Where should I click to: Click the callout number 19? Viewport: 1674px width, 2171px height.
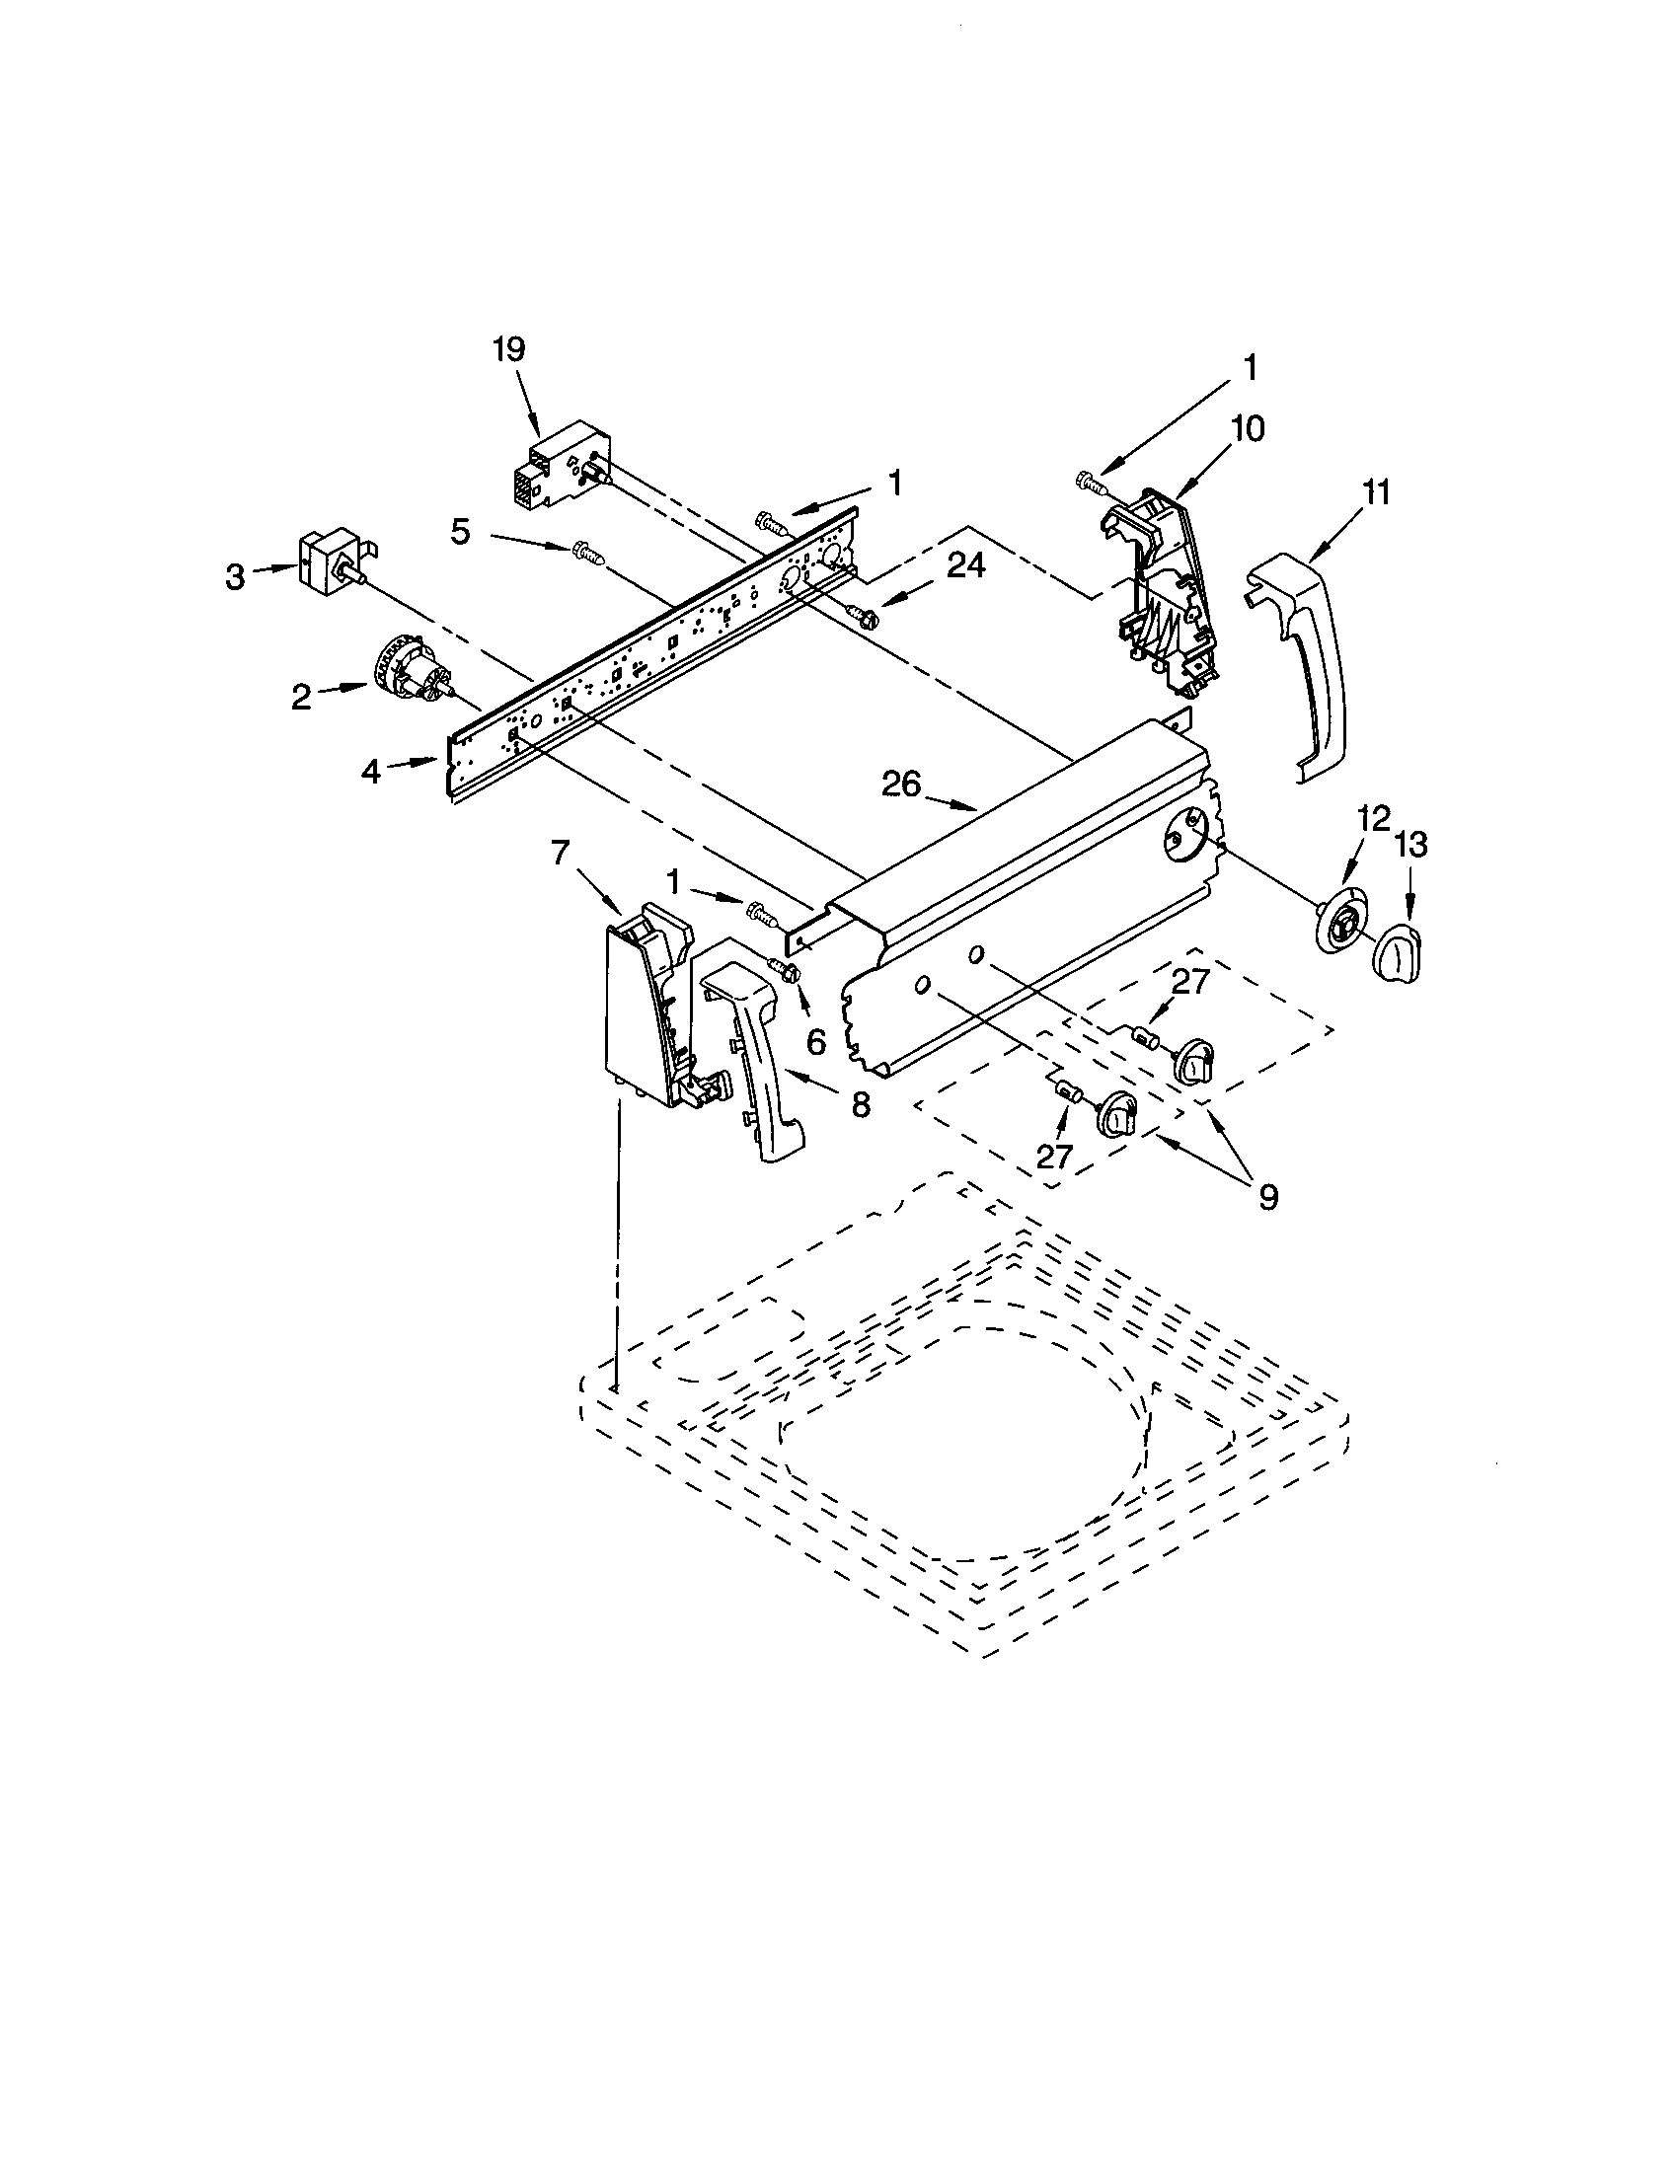tap(509, 350)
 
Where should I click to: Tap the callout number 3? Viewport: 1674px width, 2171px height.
tap(235, 577)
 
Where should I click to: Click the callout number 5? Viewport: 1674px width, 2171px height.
tap(460, 532)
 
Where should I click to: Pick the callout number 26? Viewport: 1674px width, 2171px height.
tap(902, 785)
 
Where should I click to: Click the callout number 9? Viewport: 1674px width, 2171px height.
tap(1267, 1197)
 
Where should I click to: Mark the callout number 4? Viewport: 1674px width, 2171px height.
tap(371, 771)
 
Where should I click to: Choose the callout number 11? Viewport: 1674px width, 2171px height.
tap(1376, 492)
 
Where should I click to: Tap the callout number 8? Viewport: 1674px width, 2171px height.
tap(861, 1103)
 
